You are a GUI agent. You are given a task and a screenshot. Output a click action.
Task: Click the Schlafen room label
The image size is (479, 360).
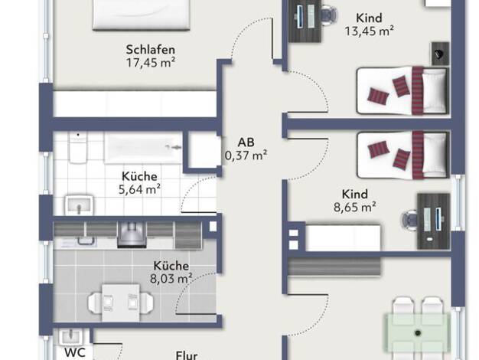coord(151,50)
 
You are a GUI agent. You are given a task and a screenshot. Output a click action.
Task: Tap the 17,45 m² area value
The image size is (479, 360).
coord(151,63)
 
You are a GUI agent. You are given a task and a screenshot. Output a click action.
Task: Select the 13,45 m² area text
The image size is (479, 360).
coord(369,31)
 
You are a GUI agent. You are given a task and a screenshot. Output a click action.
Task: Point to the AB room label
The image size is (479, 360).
coord(246,142)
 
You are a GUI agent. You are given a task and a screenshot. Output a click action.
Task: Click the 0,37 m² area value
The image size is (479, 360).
coord(246,155)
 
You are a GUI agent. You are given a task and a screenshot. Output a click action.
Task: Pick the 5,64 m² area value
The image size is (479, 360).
coord(139,190)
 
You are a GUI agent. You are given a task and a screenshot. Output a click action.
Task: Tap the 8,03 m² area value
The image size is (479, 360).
coord(171,279)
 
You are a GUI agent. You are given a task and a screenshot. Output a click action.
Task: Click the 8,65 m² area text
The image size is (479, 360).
coord(355,208)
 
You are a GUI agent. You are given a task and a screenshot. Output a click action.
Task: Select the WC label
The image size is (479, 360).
coord(75,352)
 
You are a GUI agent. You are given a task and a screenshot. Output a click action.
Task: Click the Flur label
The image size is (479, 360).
coord(187,355)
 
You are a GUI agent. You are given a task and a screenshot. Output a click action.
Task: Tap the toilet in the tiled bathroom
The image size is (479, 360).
coord(78,148)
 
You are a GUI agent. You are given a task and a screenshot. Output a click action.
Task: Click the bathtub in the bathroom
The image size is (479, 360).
coord(143,147)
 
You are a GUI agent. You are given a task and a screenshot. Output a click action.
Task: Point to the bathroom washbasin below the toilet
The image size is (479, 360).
coord(79,205)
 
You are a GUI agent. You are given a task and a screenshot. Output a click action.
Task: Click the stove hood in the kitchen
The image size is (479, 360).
coord(132,234)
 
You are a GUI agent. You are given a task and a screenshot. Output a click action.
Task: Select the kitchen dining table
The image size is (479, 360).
coord(121,303)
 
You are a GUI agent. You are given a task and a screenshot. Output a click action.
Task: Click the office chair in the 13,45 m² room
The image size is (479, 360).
coord(329,14)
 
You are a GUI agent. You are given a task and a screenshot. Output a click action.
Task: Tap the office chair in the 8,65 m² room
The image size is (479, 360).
coord(409,219)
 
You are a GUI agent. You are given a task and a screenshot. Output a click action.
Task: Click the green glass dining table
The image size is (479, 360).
coord(418,332)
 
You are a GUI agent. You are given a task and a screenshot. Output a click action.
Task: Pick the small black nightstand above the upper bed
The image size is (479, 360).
coord(440,54)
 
